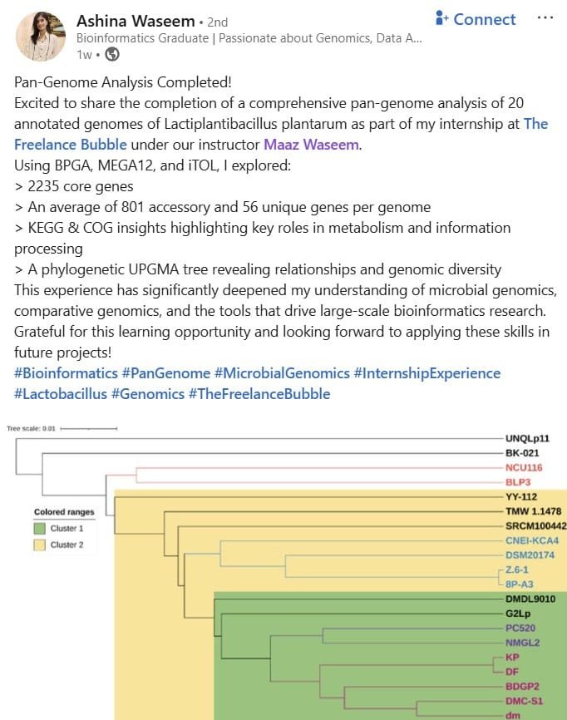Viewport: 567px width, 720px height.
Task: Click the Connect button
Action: pos(476,19)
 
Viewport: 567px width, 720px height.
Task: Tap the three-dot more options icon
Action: pos(545,18)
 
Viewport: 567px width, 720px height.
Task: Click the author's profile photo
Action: pos(41,37)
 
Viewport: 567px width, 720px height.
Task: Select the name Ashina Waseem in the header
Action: pos(136,21)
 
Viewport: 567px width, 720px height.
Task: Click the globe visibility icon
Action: pos(112,55)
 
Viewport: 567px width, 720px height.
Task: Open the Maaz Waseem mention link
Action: pos(312,145)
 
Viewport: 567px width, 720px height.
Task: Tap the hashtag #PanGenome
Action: pos(165,373)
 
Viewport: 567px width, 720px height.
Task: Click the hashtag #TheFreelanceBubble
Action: pos(259,394)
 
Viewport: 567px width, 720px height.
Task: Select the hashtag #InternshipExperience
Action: pos(427,373)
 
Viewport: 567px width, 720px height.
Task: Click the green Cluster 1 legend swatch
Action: pos(39,528)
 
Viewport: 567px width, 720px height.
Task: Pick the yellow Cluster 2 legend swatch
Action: pos(39,545)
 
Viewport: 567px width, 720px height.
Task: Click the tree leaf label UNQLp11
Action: pos(527,438)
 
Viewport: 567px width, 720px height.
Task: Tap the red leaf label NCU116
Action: pos(524,467)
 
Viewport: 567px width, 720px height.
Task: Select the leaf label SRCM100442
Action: pos(535,525)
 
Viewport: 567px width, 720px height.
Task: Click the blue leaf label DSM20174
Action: pos(530,555)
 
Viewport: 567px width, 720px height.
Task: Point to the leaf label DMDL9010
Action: pos(530,599)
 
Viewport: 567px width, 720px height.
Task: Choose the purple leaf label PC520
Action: pos(520,628)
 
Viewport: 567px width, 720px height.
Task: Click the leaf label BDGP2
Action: pos(522,687)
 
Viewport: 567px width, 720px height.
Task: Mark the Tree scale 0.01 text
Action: pos(31,428)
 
